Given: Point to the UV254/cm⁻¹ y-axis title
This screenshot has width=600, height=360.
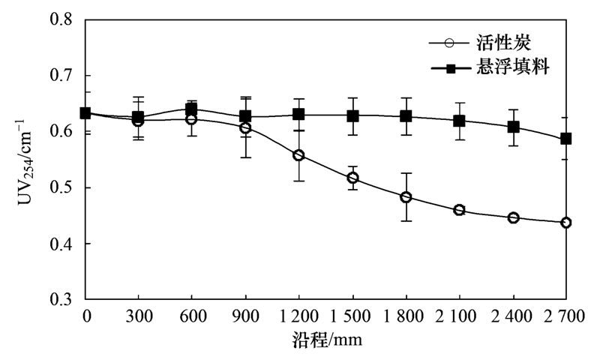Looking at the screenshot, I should click(31, 158).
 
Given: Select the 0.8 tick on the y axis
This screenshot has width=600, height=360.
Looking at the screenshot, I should click(63, 20).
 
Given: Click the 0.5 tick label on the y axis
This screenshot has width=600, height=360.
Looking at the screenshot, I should click(63, 187).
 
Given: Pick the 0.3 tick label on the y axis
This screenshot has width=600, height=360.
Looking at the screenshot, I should click(63, 299).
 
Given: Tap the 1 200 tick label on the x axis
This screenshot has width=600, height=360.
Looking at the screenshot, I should click(298, 316).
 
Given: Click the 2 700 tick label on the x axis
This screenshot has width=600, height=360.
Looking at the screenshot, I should click(566, 316).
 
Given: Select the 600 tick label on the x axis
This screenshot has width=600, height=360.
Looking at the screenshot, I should click(192, 316).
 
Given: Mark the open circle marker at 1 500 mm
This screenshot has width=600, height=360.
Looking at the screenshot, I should click(352, 178).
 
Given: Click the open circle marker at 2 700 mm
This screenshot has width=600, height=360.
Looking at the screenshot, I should click(566, 223).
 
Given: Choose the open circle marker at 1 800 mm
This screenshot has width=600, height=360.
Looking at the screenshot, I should click(406, 197).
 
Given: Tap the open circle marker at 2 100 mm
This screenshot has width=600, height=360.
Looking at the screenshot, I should click(459, 210).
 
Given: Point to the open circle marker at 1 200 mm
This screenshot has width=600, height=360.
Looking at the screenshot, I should click(298, 155).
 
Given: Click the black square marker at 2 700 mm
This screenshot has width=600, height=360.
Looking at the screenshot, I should click(566, 139).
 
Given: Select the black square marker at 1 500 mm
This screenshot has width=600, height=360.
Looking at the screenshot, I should click(352, 116).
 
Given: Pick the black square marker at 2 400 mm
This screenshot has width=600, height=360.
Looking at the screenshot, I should click(513, 127).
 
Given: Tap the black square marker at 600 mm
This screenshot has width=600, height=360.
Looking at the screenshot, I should click(192, 109).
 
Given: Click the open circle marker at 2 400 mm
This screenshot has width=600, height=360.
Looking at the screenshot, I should click(513, 218).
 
